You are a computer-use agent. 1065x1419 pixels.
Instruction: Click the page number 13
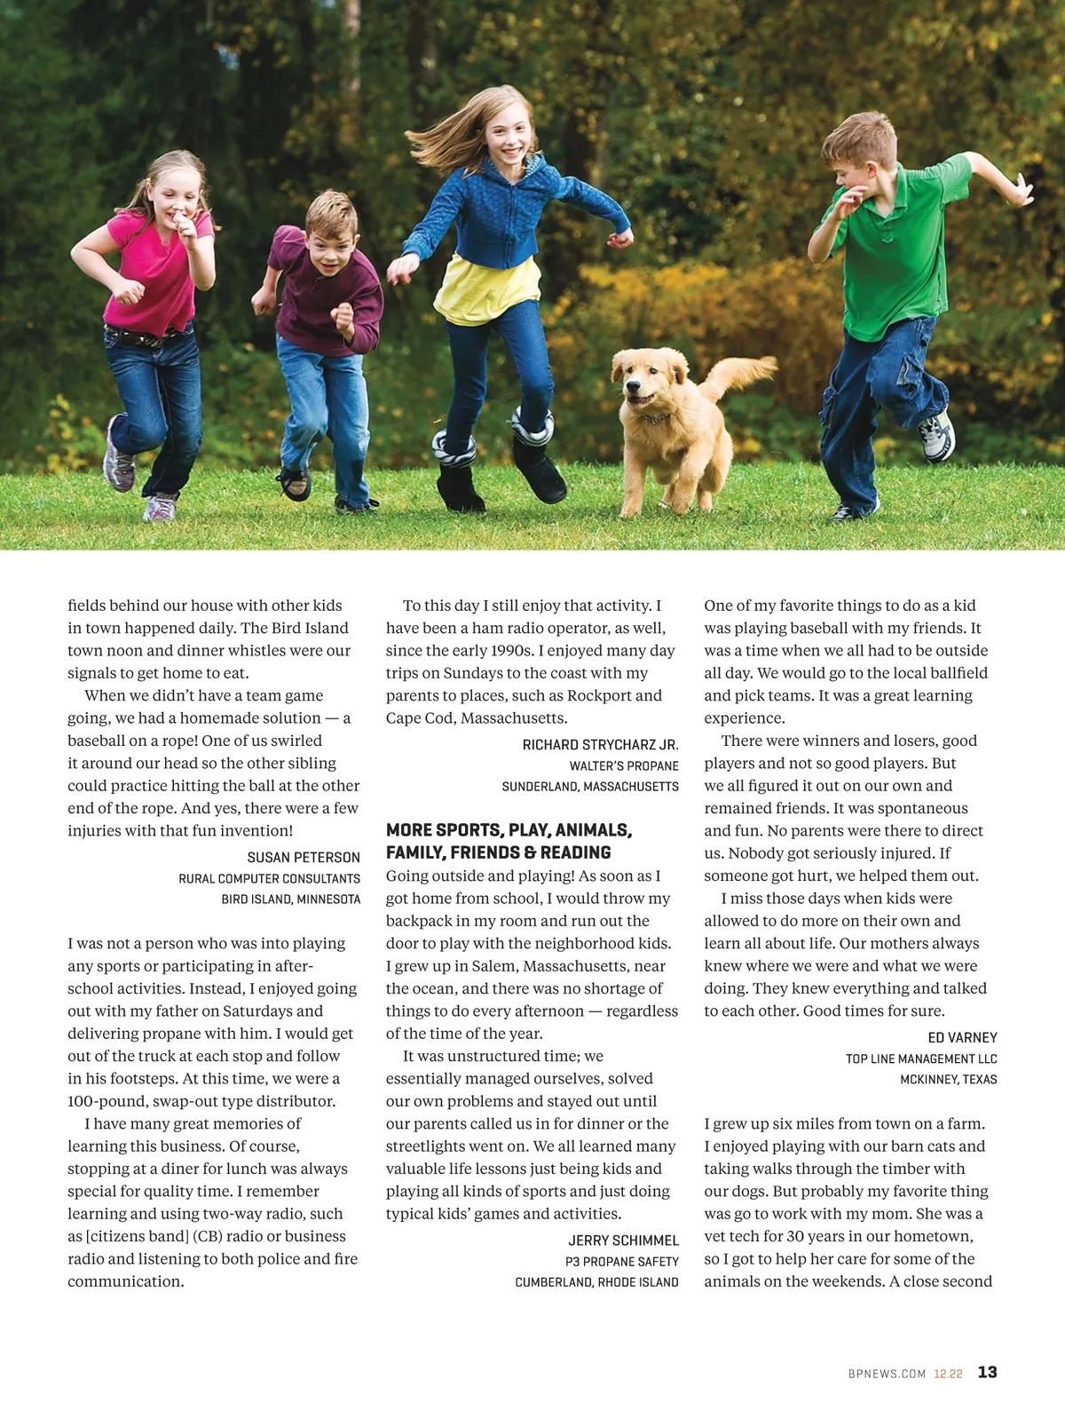[987, 1372]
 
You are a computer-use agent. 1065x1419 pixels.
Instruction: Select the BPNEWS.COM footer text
[887, 1374]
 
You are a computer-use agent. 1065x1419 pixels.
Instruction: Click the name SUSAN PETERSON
[304, 857]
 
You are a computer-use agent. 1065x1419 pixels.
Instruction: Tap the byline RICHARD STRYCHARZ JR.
[600, 744]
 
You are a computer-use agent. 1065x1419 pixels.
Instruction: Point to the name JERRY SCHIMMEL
[623, 1240]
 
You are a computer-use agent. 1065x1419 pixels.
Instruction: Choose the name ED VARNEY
[962, 1037]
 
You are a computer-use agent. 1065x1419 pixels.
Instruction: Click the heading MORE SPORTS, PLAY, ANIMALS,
[509, 830]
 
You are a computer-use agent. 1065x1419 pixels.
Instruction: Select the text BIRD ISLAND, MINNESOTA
[291, 899]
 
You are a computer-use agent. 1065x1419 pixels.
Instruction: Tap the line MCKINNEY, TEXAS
[948, 1079]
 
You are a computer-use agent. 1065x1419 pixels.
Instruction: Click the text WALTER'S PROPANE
[624, 765]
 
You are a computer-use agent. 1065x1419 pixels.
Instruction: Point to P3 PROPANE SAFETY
[621, 1261]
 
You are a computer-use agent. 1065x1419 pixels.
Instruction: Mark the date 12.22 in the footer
[948, 1374]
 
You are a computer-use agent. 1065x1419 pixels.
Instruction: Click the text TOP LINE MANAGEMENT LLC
[921, 1058]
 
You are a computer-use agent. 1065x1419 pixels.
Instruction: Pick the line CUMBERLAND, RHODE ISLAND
[596, 1281]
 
